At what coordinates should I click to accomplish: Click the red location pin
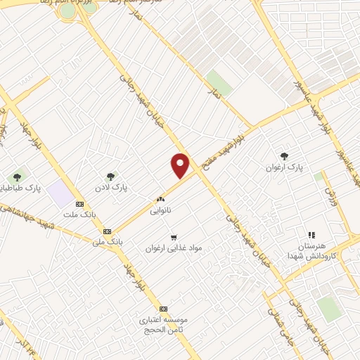pyautogui.click(x=181, y=165)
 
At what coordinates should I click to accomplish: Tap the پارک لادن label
pyautogui.click(x=112, y=188)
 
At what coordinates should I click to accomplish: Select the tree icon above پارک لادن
pyautogui.click(x=110, y=176)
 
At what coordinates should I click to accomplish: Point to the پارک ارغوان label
pyautogui.click(x=283, y=168)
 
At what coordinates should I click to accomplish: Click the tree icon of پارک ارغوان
pyautogui.click(x=284, y=156)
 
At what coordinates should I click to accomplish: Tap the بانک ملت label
pyautogui.click(x=77, y=214)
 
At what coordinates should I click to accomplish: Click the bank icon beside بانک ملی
pyautogui.click(x=107, y=231)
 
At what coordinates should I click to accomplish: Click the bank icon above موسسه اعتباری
pyautogui.click(x=163, y=309)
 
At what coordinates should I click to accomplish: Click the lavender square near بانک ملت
pyautogui.click(x=63, y=191)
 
